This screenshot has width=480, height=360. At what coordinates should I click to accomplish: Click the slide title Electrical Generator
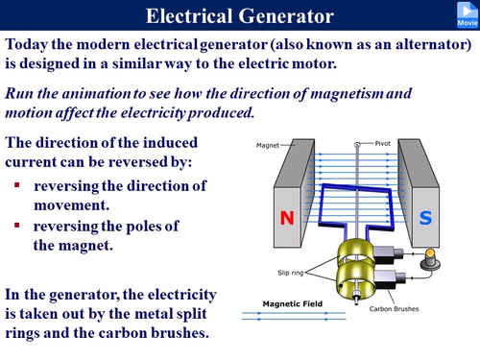[240, 16]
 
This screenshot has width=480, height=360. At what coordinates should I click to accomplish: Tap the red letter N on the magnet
[285, 218]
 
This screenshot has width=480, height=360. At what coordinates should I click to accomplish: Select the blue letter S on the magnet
[425, 218]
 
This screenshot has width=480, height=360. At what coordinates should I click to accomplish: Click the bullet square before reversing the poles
[17, 226]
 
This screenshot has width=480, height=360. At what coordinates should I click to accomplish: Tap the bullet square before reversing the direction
[17, 183]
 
